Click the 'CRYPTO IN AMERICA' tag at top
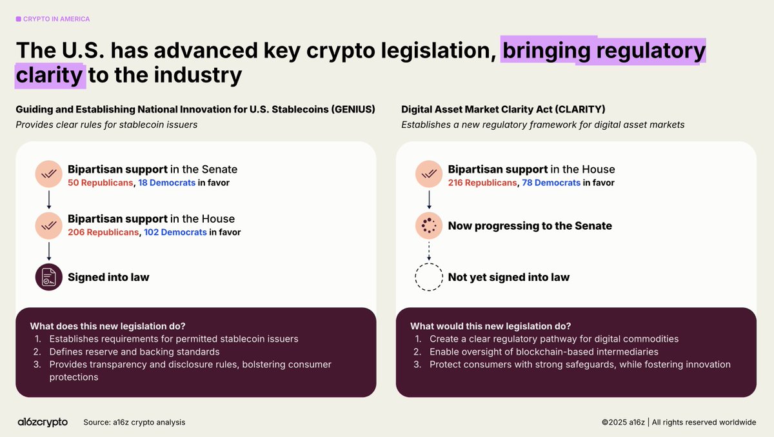click(53, 19)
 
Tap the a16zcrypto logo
click(43, 422)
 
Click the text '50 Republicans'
click(100, 183)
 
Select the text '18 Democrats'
click(167, 183)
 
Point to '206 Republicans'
click(103, 232)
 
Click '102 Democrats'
click(175, 232)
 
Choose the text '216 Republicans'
click(482, 183)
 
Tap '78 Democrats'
click(551, 183)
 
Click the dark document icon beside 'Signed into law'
click(49, 277)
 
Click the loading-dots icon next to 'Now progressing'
click(429, 226)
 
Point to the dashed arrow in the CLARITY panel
click(429, 251)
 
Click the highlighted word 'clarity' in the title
click(49, 76)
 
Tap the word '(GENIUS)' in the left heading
click(353, 109)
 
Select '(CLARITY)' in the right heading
click(580, 109)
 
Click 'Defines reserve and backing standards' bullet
click(134, 352)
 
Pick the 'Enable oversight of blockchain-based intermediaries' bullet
click(544, 352)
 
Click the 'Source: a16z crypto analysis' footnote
click(134, 422)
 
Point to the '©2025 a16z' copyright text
click(623, 422)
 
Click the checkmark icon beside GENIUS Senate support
click(49, 174)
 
